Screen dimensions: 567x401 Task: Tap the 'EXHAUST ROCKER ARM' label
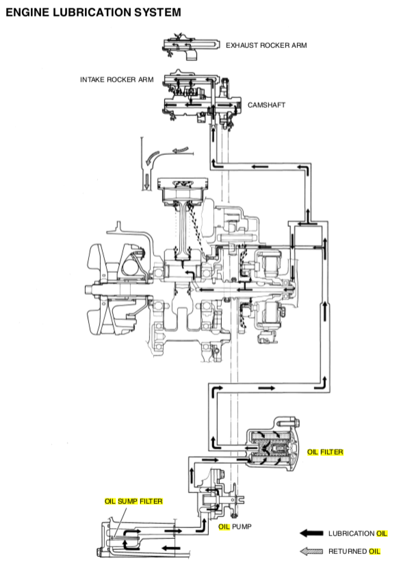click(x=266, y=45)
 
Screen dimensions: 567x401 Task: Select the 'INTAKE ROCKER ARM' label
click(x=116, y=80)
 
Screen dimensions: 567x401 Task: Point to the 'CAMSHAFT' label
click(x=267, y=106)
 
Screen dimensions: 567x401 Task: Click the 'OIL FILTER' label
click(x=325, y=453)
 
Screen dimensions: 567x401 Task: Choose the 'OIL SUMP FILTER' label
click(x=133, y=501)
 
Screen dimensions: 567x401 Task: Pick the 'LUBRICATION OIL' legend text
click(x=358, y=533)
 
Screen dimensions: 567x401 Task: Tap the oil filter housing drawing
click(x=270, y=448)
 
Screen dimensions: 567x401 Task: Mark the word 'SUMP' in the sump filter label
click(x=128, y=501)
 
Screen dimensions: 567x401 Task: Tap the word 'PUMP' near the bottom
click(x=242, y=527)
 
